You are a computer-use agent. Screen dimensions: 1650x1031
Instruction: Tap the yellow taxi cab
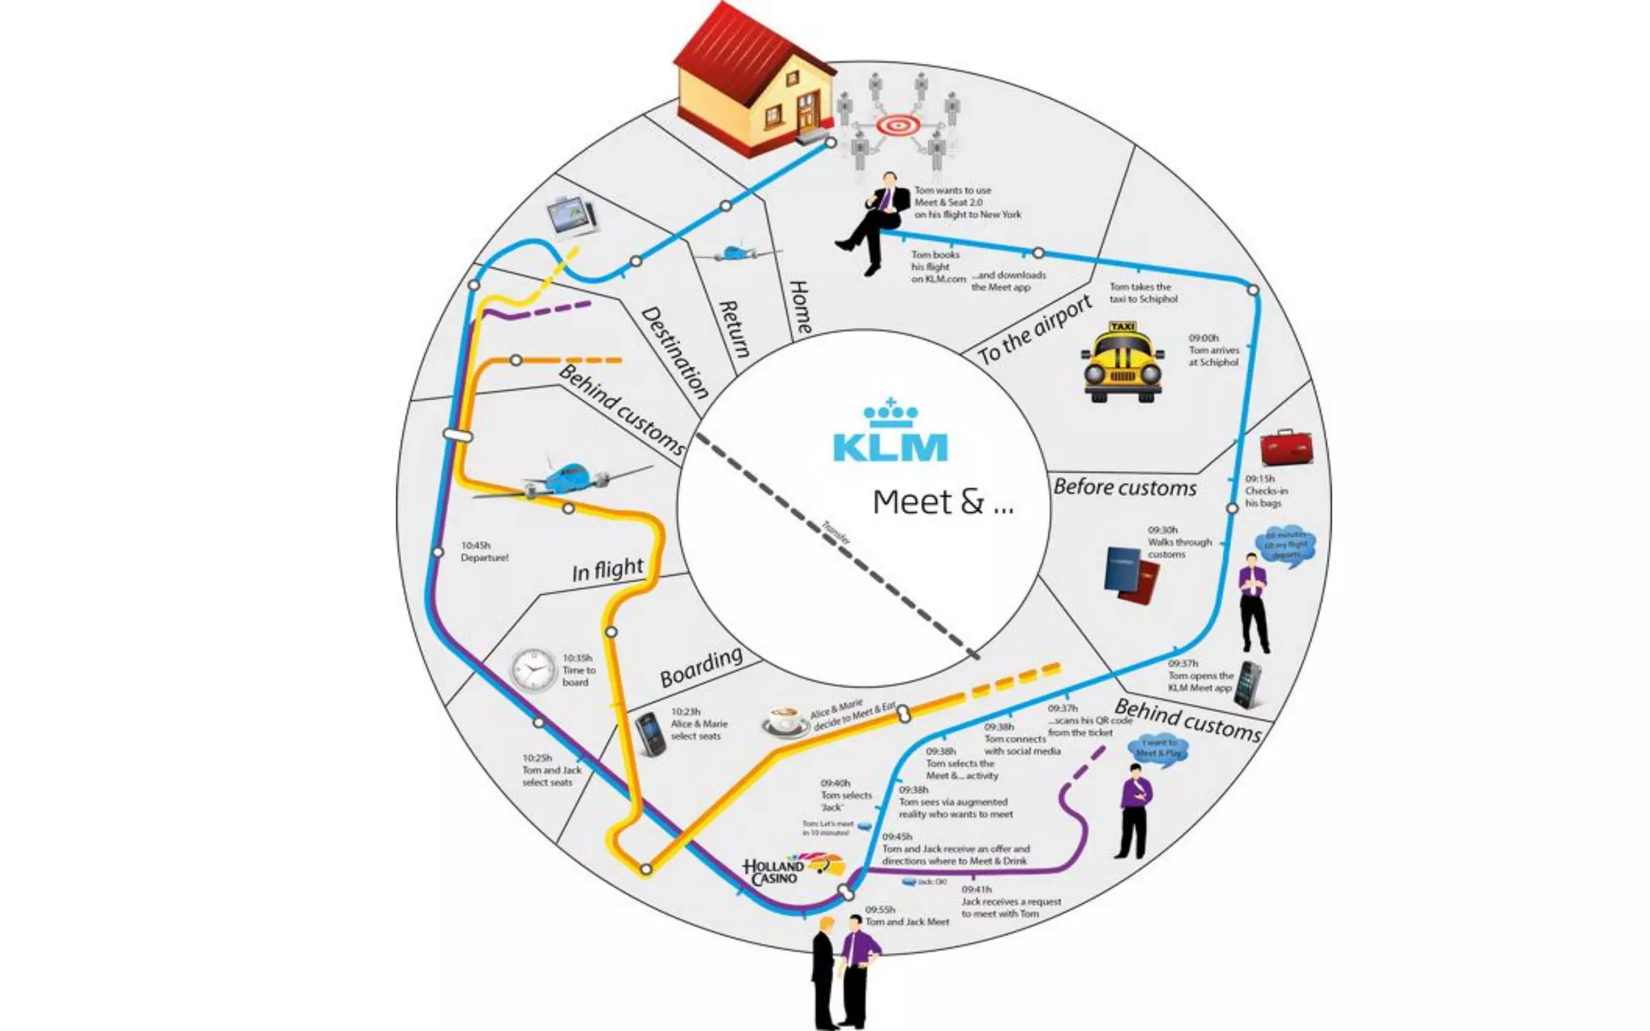[1122, 362]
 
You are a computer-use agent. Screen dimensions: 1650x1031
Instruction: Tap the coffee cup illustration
[786, 722]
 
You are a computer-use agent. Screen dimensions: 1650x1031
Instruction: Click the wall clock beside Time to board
[533, 670]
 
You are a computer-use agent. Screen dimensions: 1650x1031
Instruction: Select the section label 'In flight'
[607, 569]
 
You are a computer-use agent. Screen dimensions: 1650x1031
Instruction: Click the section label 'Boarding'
[701, 666]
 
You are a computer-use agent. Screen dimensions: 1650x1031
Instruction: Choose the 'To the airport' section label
[1034, 329]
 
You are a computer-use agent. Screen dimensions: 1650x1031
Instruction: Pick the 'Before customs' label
[1125, 487]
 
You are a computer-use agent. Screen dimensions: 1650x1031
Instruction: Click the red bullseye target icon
[897, 126]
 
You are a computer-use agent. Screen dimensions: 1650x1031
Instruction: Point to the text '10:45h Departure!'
[484, 552]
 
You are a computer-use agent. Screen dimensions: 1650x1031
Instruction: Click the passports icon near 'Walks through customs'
[1131, 574]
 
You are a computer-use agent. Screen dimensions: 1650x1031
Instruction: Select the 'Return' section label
[734, 329]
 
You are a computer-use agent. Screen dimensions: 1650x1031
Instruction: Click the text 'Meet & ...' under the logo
[943, 502]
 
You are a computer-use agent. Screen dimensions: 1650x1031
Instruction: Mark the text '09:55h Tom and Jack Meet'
[906, 916]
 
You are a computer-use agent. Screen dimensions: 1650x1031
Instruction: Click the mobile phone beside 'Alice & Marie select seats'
[649, 734]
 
